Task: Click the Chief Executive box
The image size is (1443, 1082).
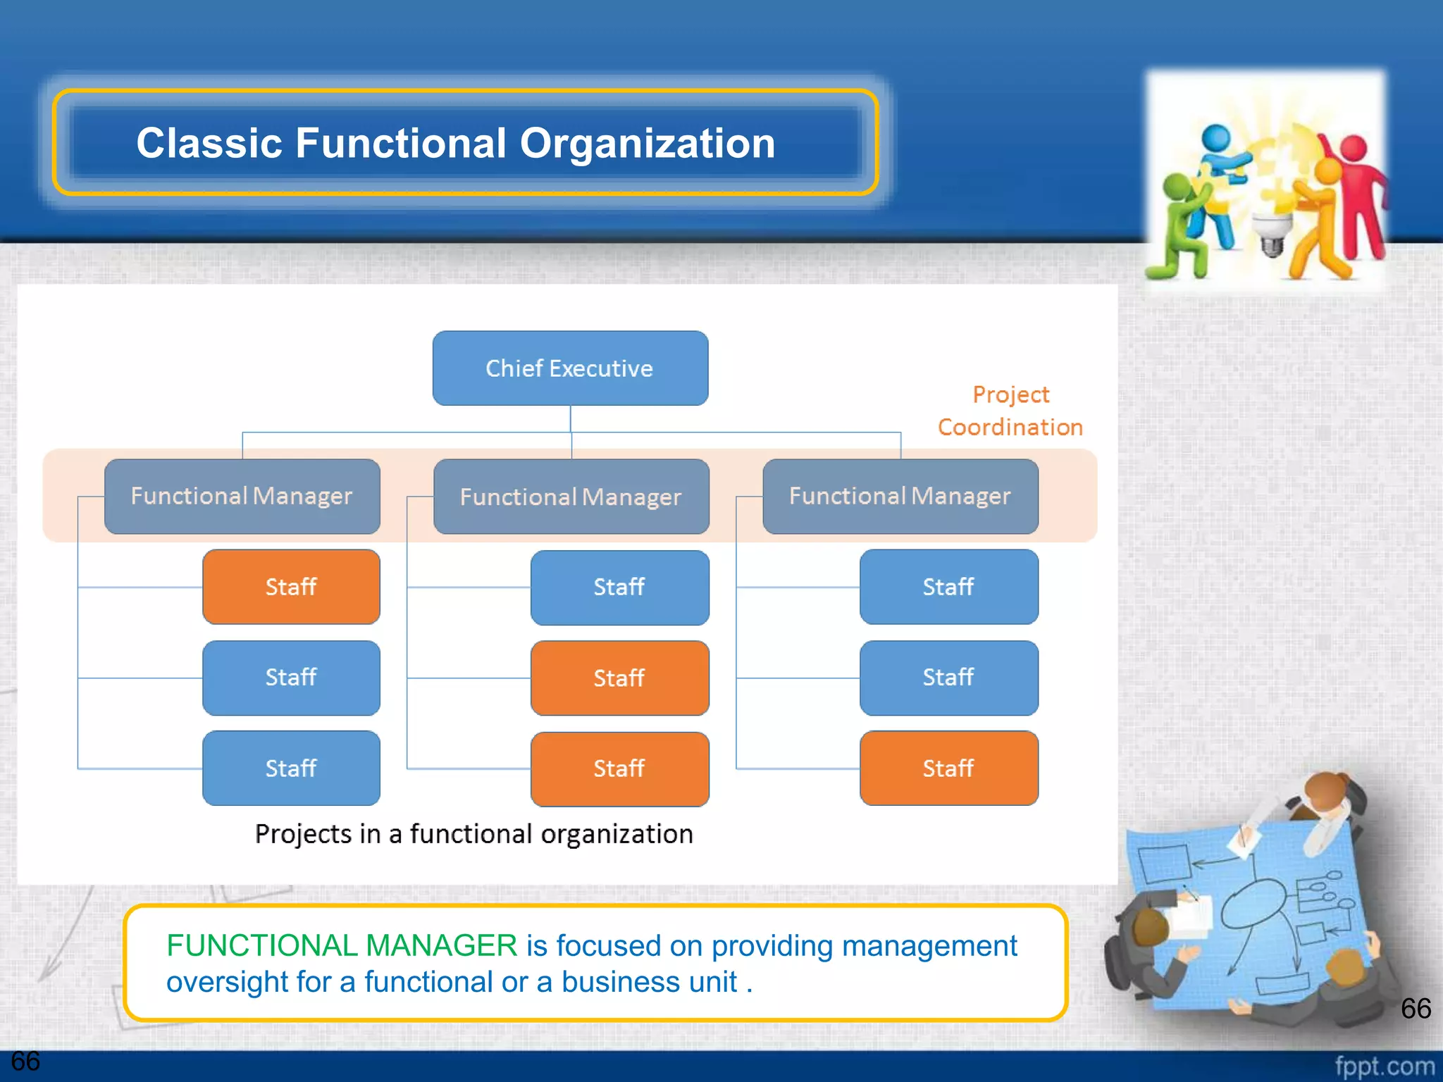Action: coord(570,368)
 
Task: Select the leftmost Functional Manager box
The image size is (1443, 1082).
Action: coord(242,497)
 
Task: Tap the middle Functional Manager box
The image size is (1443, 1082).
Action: coord(571,497)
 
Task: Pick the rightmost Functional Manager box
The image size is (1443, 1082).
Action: coord(900,497)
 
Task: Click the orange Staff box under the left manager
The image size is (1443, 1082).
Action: coord(291,587)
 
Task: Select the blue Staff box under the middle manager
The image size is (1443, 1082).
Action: coord(619,587)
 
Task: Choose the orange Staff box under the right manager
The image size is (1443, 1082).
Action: coord(948,769)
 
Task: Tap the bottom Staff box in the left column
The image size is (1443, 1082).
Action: coord(291,769)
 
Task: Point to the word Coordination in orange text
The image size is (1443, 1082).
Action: coord(1010,428)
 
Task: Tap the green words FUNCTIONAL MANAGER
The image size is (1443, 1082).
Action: coord(342,946)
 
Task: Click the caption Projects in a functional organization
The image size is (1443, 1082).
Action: coord(473,835)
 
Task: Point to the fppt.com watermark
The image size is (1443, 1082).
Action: coord(1384,1067)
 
